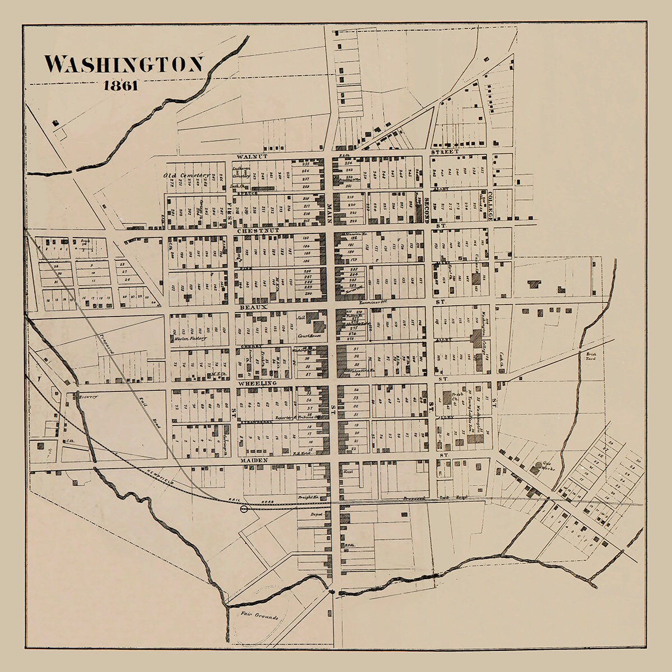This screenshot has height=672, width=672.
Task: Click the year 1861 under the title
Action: click(121, 86)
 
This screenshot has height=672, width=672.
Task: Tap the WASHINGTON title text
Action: click(124, 64)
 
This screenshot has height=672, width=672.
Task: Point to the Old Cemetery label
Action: click(186, 175)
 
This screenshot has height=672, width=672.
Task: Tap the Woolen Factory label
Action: click(183, 339)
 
